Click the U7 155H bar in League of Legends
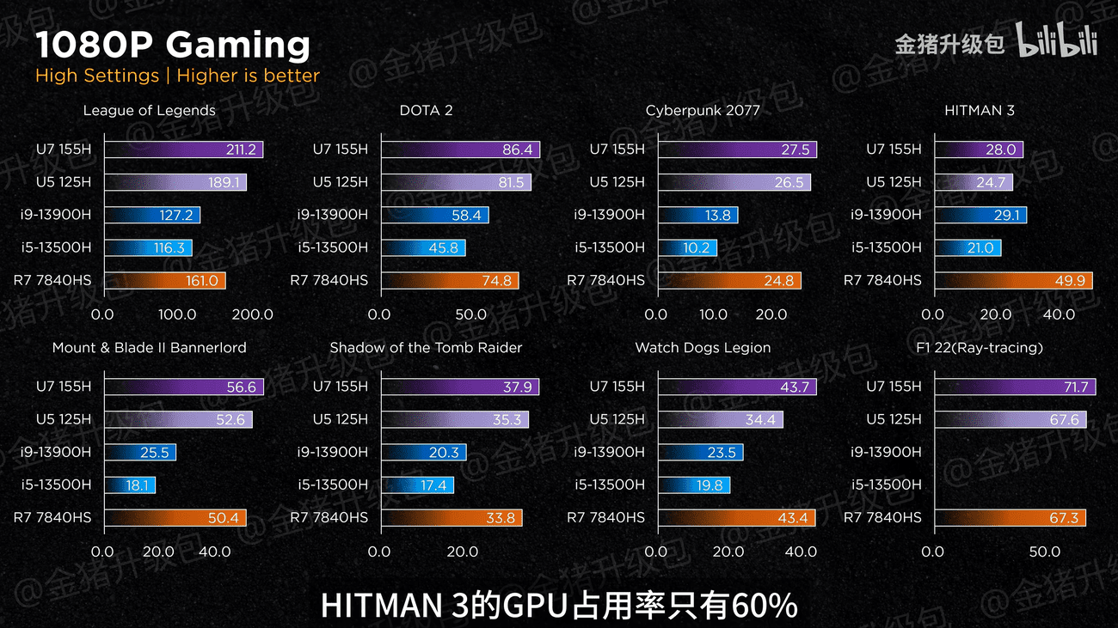(x=183, y=149)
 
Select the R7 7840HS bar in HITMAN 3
(x=1013, y=280)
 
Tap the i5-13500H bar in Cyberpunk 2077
(x=687, y=247)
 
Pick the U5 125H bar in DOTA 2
(x=456, y=182)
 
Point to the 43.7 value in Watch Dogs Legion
(x=794, y=387)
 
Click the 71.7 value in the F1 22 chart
(x=1076, y=387)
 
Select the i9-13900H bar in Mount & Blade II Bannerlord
(x=140, y=452)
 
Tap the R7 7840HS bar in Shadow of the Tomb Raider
(x=451, y=518)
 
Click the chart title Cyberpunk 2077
(x=703, y=110)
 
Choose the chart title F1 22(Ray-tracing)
(x=980, y=347)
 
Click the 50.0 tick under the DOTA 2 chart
(x=470, y=314)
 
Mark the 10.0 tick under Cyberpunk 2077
(x=713, y=314)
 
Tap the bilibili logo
(x=1057, y=41)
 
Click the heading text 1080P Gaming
(x=173, y=45)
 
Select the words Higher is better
(x=248, y=76)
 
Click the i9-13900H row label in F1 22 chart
(x=886, y=452)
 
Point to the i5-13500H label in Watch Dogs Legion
(x=610, y=485)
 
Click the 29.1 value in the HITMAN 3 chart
(x=1006, y=215)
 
